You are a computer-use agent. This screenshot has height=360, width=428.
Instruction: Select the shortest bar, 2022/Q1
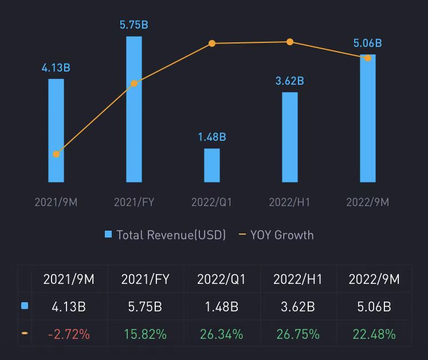[212, 165]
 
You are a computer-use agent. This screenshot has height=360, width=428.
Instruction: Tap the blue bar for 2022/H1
[290, 137]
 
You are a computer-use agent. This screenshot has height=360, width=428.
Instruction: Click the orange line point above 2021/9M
[56, 154]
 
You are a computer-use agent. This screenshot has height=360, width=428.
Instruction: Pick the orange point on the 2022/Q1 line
[212, 43]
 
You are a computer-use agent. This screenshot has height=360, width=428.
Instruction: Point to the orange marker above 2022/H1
[290, 42]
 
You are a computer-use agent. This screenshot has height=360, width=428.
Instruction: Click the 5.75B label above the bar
[134, 25]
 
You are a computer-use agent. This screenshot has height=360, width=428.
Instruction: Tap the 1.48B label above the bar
[212, 137]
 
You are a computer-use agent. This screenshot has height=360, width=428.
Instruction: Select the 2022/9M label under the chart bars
[368, 203]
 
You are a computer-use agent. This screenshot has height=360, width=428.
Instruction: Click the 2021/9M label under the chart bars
[56, 203]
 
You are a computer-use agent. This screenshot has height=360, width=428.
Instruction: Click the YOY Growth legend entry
[276, 235]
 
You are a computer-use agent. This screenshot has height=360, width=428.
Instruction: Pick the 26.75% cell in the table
[299, 334]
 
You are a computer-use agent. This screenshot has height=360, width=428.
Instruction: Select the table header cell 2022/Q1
[221, 280]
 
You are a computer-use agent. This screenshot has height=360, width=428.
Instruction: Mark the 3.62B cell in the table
[299, 307]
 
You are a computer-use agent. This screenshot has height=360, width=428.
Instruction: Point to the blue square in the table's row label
[25, 306]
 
